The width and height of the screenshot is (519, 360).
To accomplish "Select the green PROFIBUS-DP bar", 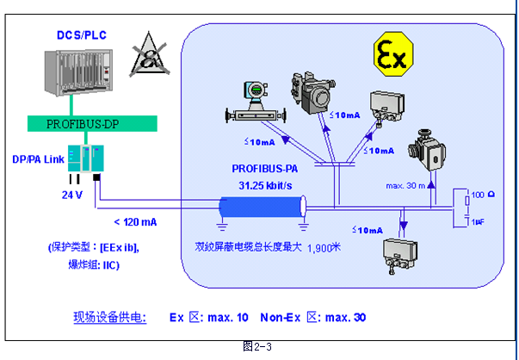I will [x=81, y=124].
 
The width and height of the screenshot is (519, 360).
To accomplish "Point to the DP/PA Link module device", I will [x=86, y=159].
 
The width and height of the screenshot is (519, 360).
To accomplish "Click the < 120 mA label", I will [x=133, y=222].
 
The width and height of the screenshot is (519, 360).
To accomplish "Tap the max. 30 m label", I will [x=406, y=184].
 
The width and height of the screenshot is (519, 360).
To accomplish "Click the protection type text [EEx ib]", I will [x=120, y=248].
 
